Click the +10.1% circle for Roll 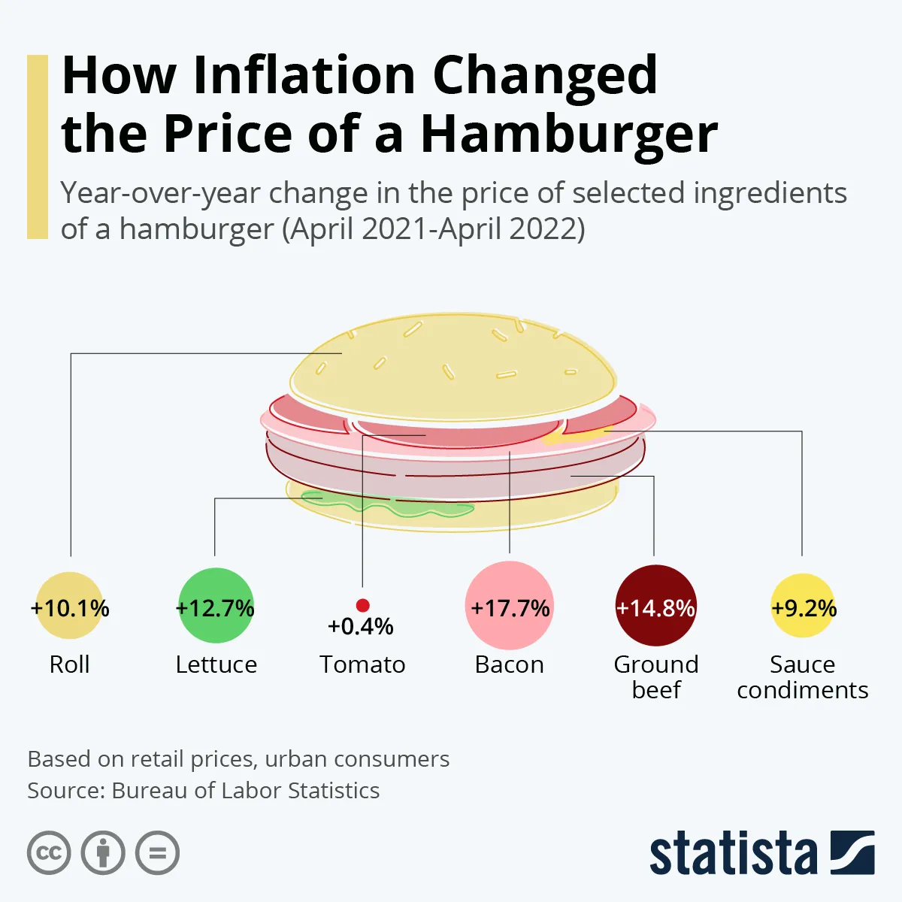70,607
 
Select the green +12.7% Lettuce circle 215,606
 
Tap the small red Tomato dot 362,605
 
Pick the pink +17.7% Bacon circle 510,606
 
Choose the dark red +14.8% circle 655,606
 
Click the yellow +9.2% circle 803,606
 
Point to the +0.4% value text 361,627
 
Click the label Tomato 362,664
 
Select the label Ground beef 655,676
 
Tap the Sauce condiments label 802,676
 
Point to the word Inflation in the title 304,75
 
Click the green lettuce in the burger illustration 391,506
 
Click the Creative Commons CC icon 49,853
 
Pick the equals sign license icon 157,853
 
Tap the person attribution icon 103,853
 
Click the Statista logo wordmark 733,854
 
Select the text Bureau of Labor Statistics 245,791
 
